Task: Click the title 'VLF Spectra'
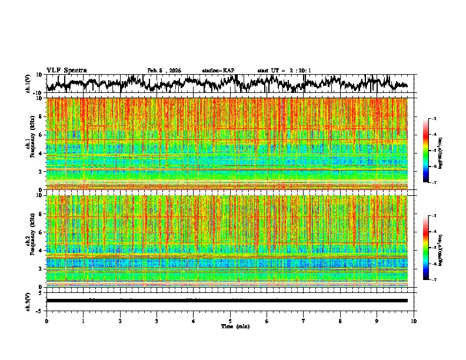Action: pos(66,70)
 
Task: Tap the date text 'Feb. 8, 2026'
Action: pos(164,71)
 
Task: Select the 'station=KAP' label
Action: pos(218,71)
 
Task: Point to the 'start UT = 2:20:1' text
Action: pos(284,71)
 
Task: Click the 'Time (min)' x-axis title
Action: pos(235,326)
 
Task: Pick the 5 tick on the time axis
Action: pos(230,321)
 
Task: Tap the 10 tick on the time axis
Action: pos(414,321)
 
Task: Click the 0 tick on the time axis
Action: pos(46,321)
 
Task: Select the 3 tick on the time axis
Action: pos(157,321)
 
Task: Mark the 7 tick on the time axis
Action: pos(304,321)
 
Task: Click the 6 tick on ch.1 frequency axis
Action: pos(40,135)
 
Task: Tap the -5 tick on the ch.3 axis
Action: pos(40,310)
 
